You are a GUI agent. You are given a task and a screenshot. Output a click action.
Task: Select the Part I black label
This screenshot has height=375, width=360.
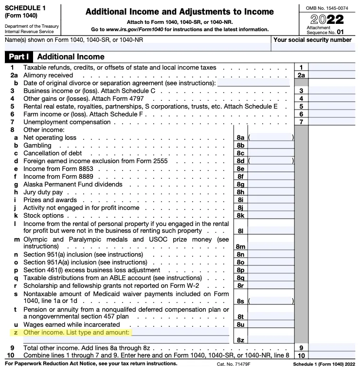click(18, 57)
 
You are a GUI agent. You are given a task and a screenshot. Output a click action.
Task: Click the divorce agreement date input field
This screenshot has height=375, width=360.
click(255, 83)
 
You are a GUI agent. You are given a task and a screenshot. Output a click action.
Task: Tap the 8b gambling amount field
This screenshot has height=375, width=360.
click(270, 145)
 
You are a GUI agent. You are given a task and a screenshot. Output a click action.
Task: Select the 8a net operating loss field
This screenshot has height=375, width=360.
click(270, 138)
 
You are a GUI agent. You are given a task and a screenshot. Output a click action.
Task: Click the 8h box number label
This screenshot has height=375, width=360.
click(240, 192)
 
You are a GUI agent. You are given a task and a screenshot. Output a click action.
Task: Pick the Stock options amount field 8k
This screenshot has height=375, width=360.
click(270, 214)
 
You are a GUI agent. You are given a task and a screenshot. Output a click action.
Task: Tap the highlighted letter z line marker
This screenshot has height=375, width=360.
click(17, 332)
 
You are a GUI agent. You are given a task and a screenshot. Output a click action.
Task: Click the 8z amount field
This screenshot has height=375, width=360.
click(270, 339)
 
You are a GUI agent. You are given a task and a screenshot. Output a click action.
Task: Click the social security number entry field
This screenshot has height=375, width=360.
click(313, 47)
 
